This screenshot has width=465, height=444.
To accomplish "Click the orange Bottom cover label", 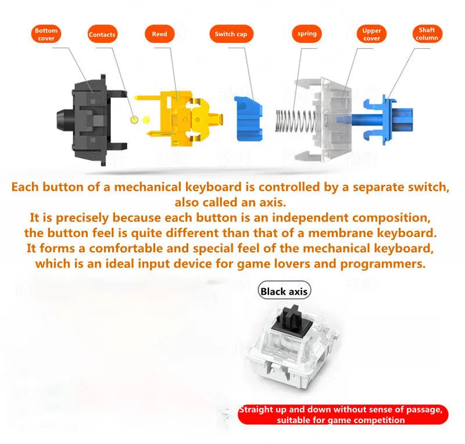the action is coord(46,34).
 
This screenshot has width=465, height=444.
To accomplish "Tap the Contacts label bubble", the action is coord(102,34).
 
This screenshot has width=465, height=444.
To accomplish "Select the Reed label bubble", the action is coord(159,34).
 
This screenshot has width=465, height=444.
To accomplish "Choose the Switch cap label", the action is coord(231,34).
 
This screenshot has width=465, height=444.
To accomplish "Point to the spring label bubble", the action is coord(307,34).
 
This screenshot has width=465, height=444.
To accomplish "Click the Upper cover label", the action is coord(371,34).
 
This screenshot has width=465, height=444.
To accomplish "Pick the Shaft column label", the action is coord(427,34).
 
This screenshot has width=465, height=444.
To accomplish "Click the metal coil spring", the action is coord(296,121).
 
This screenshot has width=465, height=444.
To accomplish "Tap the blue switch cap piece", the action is coord(248,119).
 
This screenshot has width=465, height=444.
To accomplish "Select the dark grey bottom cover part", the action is coord(92,120).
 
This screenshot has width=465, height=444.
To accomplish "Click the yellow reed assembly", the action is coord(178,119).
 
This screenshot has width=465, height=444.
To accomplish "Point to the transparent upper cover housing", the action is coord(323,120).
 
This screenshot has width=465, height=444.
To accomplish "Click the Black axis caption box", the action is coord(284,291).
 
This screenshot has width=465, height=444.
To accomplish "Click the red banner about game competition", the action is coord(343,414).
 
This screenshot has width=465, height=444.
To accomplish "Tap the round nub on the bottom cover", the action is coord(65,120).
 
